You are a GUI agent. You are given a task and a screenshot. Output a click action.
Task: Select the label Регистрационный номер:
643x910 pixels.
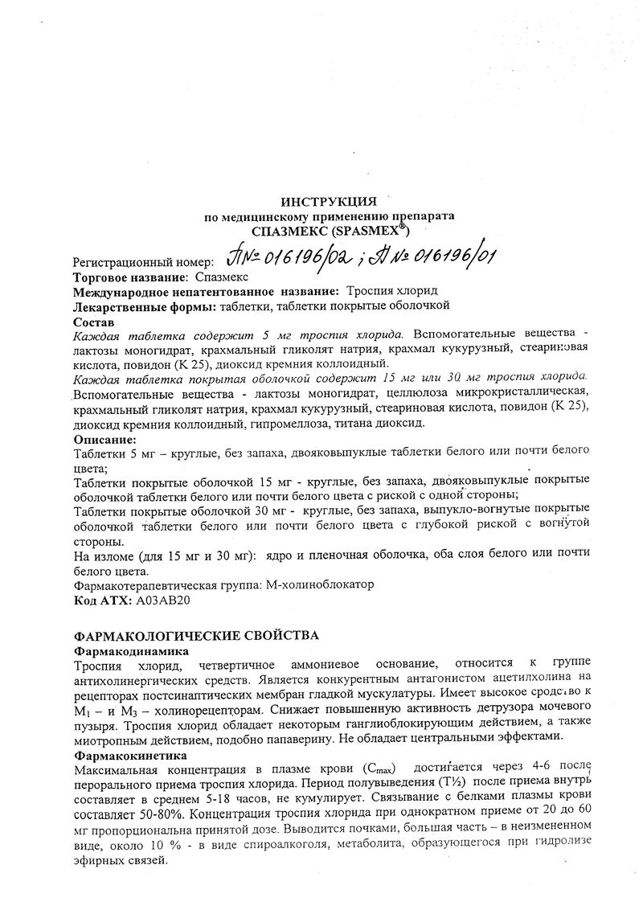tap(144, 262)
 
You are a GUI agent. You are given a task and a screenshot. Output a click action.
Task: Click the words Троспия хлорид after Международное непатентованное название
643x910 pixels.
tap(392, 291)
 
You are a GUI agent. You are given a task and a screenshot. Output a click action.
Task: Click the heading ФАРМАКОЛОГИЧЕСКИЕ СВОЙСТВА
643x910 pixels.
tap(196, 636)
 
